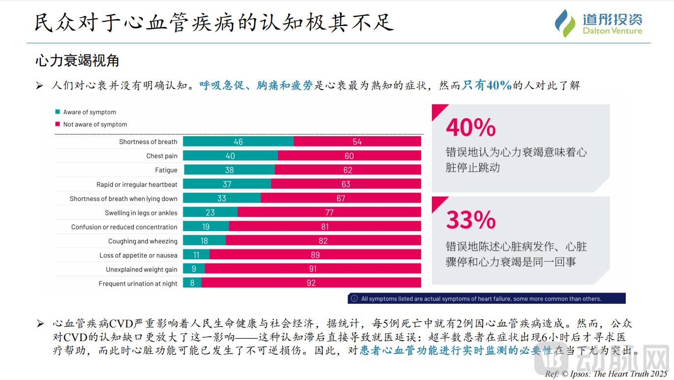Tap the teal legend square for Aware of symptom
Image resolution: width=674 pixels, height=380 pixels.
58,112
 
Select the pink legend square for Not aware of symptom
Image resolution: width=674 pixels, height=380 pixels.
58,124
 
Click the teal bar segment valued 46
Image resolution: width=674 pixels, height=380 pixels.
238,142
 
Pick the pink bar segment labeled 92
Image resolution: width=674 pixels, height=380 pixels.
311,283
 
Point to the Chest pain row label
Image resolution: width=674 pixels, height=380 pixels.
161,156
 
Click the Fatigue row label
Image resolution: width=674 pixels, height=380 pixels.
166,170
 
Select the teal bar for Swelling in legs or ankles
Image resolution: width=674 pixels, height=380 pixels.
210,212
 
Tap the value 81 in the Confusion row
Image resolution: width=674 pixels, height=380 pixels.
325,227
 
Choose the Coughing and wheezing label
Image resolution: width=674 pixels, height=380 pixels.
143,241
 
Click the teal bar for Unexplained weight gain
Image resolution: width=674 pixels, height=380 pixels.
194,269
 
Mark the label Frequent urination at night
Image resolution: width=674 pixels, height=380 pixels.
138,284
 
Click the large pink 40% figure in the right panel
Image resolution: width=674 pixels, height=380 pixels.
471,127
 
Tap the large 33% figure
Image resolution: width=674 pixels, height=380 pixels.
471,220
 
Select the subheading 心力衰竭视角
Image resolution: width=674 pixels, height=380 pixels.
77,61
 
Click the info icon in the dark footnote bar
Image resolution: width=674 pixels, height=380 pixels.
354,298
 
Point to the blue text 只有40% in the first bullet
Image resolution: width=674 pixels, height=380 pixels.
487,86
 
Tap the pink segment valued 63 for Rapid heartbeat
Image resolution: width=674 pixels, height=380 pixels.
346,184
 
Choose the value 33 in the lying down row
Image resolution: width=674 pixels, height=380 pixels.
221,198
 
